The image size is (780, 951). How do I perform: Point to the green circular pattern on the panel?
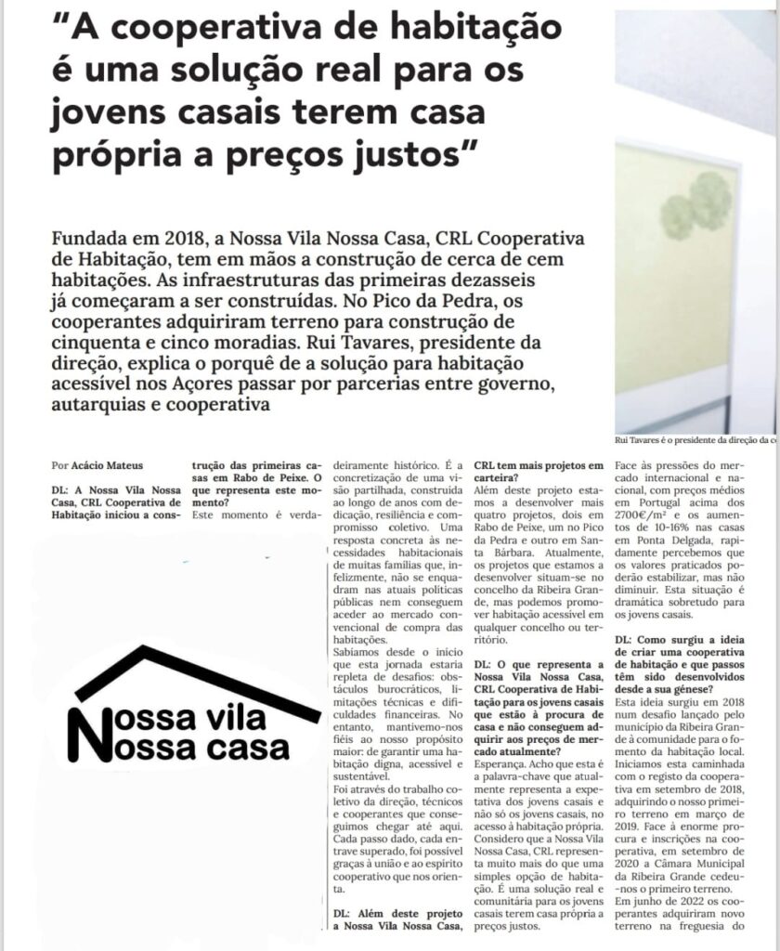tap(695, 205)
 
